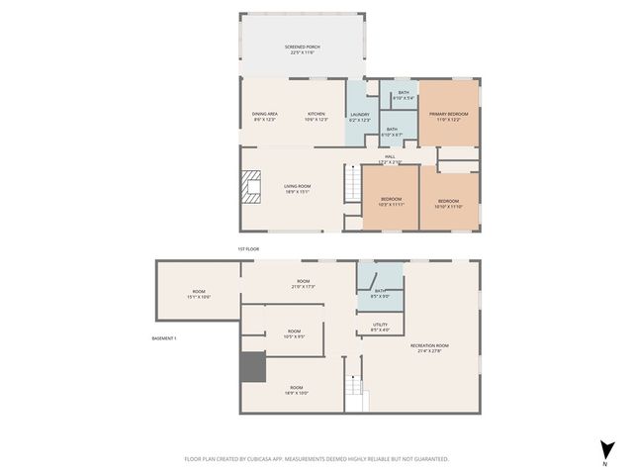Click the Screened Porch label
click(x=301, y=49)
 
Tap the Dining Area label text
click(x=264, y=115)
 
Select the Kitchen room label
click(x=316, y=115)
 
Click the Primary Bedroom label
click(x=448, y=116)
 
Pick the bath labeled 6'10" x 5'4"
click(x=404, y=95)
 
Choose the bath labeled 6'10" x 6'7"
click(x=392, y=131)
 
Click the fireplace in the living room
click(x=251, y=186)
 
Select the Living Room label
click(x=298, y=188)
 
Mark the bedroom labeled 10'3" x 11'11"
click(x=391, y=202)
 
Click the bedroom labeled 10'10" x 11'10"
click(x=449, y=204)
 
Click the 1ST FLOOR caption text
click(x=248, y=248)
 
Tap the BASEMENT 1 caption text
click(x=164, y=338)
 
